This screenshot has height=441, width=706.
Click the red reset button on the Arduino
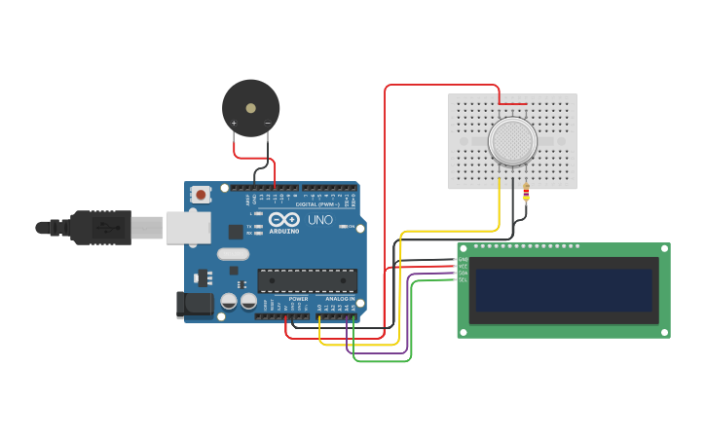tap(201, 195)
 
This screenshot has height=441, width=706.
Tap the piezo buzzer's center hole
tap(250, 107)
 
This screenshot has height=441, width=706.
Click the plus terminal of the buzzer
tap(234, 124)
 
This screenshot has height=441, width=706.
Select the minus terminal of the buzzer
tap(268, 124)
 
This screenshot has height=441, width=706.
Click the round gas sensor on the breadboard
tap(512, 141)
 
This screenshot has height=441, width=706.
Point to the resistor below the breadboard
tap(527, 194)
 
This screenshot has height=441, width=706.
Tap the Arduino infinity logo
tap(283, 220)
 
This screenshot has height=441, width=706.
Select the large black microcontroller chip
tap(307, 280)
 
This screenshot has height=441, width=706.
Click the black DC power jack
tap(195, 305)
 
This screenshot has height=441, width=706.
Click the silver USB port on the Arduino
tap(188, 228)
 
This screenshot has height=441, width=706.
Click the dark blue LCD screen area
tap(562, 290)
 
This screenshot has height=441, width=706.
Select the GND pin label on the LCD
tap(463, 259)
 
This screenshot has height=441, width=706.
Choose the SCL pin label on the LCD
tap(463, 280)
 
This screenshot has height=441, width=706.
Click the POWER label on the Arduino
tap(284, 299)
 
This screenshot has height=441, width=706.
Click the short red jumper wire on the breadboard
tap(513, 103)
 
